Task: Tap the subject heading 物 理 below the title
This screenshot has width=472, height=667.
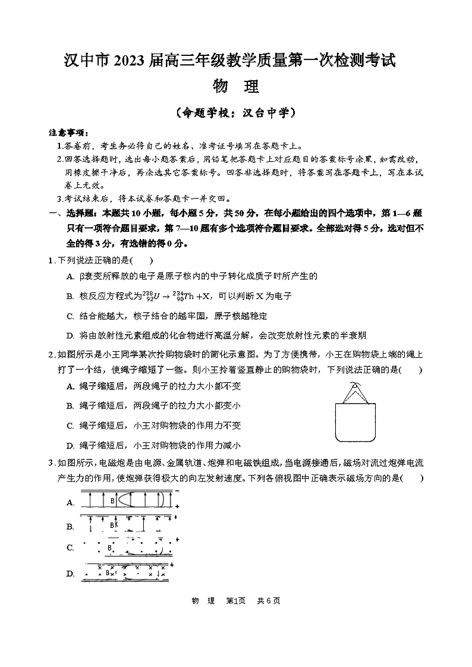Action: (x=235, y=86)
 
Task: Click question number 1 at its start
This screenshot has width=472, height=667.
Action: (x=51, y=260)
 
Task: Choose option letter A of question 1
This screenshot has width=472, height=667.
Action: (x=70, y=276)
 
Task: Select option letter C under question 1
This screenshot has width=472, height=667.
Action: (x=70, y=316)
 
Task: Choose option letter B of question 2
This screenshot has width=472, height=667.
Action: (x=70, y=405)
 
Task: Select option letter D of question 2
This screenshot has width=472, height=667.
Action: (x=70, y=445)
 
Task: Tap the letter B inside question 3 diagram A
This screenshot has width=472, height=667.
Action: (x=112, y=501)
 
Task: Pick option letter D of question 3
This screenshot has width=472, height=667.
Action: (x=70, y=573)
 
